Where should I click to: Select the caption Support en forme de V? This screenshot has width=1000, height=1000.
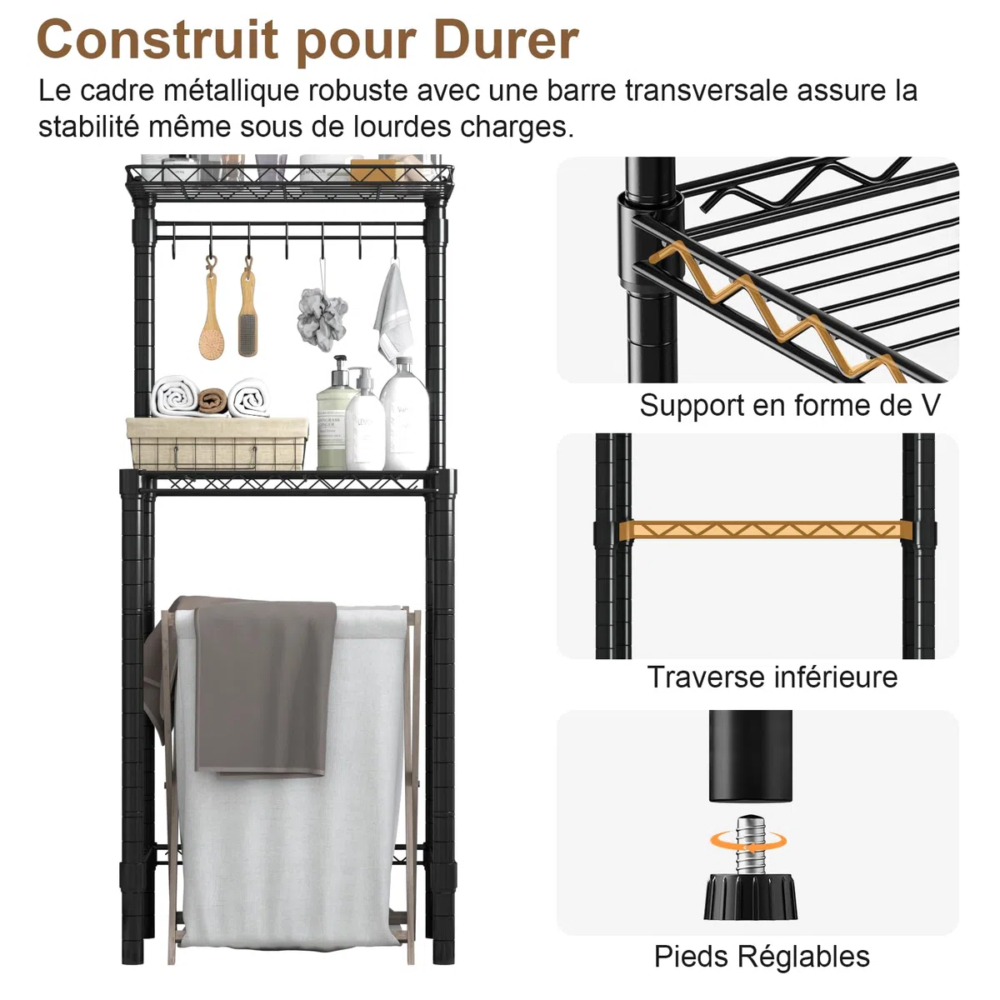pos(789,405)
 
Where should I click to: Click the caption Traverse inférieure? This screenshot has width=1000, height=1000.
pos(772,677)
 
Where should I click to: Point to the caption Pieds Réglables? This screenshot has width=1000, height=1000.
pos(762,957)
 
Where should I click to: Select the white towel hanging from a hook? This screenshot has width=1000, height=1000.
pos(393,312)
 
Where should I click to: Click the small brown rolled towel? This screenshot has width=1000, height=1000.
pos(212,401)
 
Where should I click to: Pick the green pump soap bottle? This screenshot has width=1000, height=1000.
pos(336,415)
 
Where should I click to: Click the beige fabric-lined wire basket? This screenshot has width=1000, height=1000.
pos(217,443)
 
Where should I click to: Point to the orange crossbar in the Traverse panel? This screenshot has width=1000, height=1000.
pos(766,530)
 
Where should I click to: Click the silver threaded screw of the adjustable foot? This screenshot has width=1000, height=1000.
pos(749,848)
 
